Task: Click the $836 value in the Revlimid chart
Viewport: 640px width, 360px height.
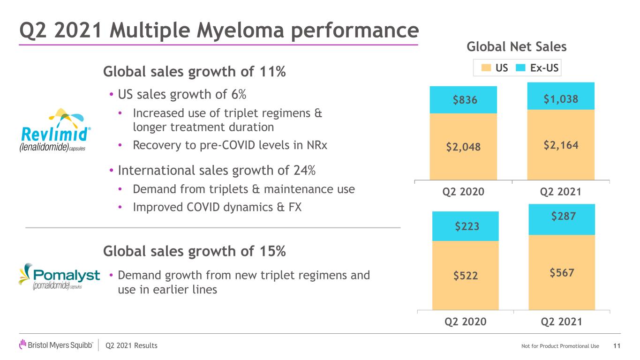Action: point(465,100)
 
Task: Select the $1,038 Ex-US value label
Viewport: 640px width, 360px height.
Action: point(561,99)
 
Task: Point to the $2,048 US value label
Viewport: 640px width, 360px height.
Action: point(463,147)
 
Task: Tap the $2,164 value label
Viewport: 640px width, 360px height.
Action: point(561,145)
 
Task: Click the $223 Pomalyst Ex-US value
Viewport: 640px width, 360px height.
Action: point(467,226)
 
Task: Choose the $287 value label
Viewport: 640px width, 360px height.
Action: point(564,216)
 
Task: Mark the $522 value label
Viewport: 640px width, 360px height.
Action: point(466,276)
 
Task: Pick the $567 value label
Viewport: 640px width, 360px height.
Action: point(562,272)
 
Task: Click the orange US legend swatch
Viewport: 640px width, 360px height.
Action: point(486,67)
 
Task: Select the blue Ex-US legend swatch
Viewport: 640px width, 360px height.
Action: point(520,67)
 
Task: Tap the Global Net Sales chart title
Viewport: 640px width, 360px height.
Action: point(517,46)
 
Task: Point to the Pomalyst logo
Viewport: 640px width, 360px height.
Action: point(59,276)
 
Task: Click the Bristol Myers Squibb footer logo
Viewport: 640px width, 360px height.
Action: point(56,345)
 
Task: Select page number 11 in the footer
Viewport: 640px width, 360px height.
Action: point(617,346)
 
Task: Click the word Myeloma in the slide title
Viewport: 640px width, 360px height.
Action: point(240,30)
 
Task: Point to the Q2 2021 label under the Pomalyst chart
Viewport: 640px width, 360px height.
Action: point(561,322)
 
